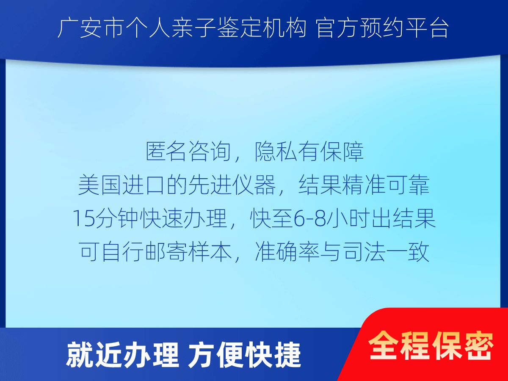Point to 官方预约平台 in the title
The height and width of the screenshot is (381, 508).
pyautogui.click(x=382, y=28)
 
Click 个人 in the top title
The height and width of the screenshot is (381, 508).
pyautogui.click(x=148, y=28)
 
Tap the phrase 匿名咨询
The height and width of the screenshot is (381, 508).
pyautogui.click(x=188, y=152)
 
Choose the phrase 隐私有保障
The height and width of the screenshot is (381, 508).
pyautogui.click(x=309, y=152)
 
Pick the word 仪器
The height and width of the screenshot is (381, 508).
pyautogui.click(x=254, y=185)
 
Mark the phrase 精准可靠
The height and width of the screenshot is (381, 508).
pyautogui.click(x=386, y=185)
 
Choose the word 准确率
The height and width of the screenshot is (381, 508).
pyautogui.click(x=287, y=252)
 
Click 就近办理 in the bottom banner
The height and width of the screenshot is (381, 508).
pyautogui.click(x=122, y=355)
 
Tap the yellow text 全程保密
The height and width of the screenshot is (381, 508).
pyautogui.click(x=431, y=345)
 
